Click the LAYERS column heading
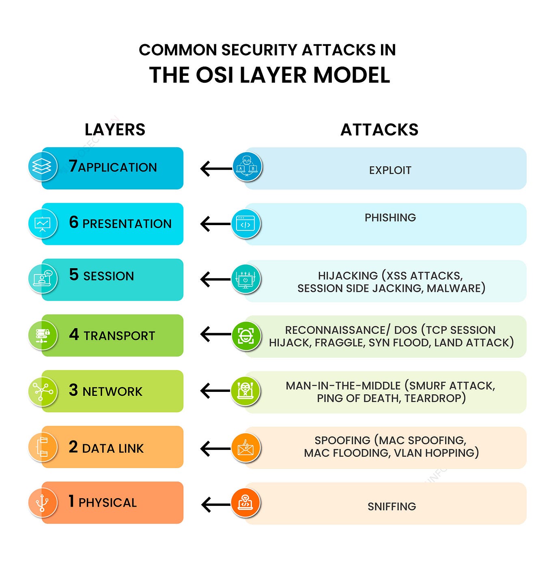[115, 130]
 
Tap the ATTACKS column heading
[379, 130]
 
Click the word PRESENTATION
[127, 224]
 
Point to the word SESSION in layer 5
[108, 276]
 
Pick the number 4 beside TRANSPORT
[74, 335]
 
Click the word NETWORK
[112, 392]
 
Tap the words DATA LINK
[113, 448]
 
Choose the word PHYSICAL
[108, 503]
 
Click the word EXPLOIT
[390, 170]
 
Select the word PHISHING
[390, 218]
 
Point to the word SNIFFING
[392, 507]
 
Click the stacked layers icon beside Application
[42, 166]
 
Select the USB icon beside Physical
[42, 503]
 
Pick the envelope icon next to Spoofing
[245, 448]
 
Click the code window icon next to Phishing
[245, 224]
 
